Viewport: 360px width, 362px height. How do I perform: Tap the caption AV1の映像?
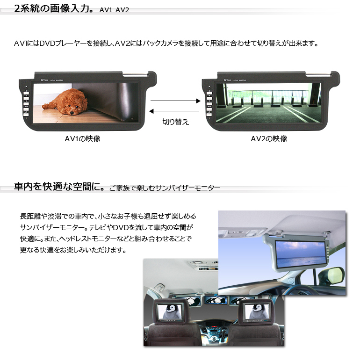83,139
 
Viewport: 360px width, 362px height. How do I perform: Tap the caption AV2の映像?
269,139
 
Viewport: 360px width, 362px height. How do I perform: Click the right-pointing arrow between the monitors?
175,101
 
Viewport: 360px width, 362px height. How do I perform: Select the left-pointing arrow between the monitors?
174,111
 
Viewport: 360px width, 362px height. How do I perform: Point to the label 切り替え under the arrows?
176,122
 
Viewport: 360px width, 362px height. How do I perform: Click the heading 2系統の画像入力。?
54,8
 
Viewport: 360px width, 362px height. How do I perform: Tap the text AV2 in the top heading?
122,10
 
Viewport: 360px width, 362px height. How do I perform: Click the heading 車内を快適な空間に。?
59,187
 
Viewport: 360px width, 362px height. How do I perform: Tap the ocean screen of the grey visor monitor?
300,254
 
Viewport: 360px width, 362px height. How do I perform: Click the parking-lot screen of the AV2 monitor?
269,103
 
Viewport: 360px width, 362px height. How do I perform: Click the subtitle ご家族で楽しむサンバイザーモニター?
165,188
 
